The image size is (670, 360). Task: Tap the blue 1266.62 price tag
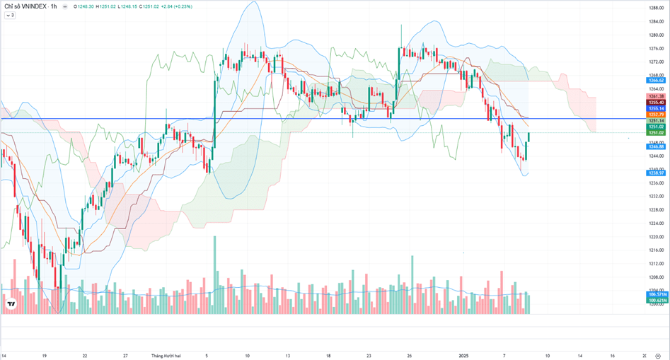656,81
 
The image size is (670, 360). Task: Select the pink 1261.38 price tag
656,96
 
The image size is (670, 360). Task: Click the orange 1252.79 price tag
656,114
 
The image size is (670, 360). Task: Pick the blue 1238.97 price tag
656,173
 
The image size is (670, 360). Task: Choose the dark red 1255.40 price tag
656,103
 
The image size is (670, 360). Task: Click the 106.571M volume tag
656,294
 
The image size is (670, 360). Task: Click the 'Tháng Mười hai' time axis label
166,355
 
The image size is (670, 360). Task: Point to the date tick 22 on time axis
85,355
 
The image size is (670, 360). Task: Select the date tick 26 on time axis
410,355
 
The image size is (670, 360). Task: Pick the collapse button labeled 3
10,15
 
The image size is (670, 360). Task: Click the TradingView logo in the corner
11,305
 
